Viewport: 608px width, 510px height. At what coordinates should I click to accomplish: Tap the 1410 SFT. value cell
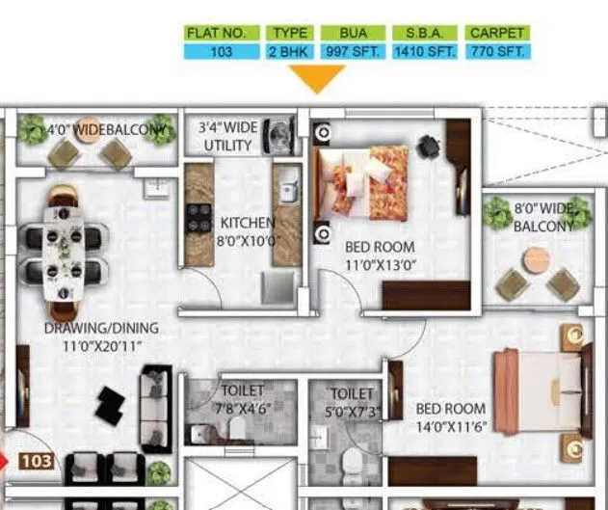(x=425, y=52)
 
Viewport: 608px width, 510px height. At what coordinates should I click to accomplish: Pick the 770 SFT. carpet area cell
(x=497, y=52)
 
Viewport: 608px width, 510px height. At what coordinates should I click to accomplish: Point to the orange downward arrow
(x=317, y=79)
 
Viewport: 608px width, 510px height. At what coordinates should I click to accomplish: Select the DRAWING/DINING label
(x=101, y=328)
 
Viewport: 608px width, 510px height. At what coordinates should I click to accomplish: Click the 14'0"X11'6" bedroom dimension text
(x=451, y=427)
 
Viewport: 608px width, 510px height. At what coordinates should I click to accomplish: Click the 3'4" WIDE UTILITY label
(x=228, y=136)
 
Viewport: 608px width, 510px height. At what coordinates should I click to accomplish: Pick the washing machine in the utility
(x=282, y=132)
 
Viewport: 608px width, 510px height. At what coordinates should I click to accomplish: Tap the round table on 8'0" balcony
(x=537, y=258)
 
